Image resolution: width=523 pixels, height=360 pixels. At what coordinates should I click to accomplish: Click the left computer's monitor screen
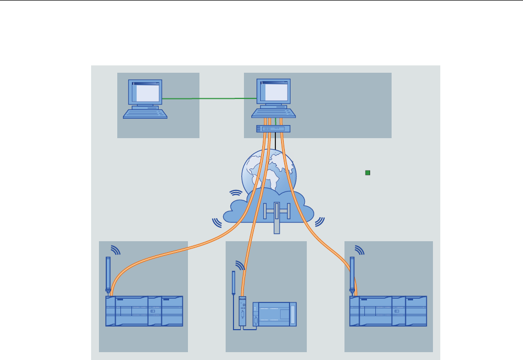(x=146, y=93)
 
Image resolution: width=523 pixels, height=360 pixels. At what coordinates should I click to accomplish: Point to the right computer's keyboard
(x=273, y=112)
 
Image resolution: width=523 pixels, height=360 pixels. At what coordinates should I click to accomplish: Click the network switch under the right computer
(x=273, y=129)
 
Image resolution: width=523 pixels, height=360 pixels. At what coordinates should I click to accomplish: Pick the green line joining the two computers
(x=209, y=98)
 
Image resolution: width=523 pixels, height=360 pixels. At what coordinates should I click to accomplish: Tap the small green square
(x=368, y=173)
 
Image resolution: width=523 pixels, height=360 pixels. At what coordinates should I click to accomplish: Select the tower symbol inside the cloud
(x=276, y=215)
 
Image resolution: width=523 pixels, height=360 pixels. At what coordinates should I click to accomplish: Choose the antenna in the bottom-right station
(x=352, y=275)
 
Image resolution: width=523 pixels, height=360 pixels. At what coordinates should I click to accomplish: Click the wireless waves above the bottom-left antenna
(x=115, y=250)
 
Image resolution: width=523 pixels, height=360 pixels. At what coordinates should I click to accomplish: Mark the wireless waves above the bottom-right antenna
(x=359, y=250)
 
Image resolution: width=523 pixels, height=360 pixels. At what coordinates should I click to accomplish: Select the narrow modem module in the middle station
(x=242, y=312)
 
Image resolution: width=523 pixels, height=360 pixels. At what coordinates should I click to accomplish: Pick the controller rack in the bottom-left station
(x=144, y=311)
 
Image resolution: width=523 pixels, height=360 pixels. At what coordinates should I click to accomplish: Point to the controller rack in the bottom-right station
(x=388, y=311)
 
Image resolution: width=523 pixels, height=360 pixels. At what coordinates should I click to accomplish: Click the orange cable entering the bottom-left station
(x=157, y=260)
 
